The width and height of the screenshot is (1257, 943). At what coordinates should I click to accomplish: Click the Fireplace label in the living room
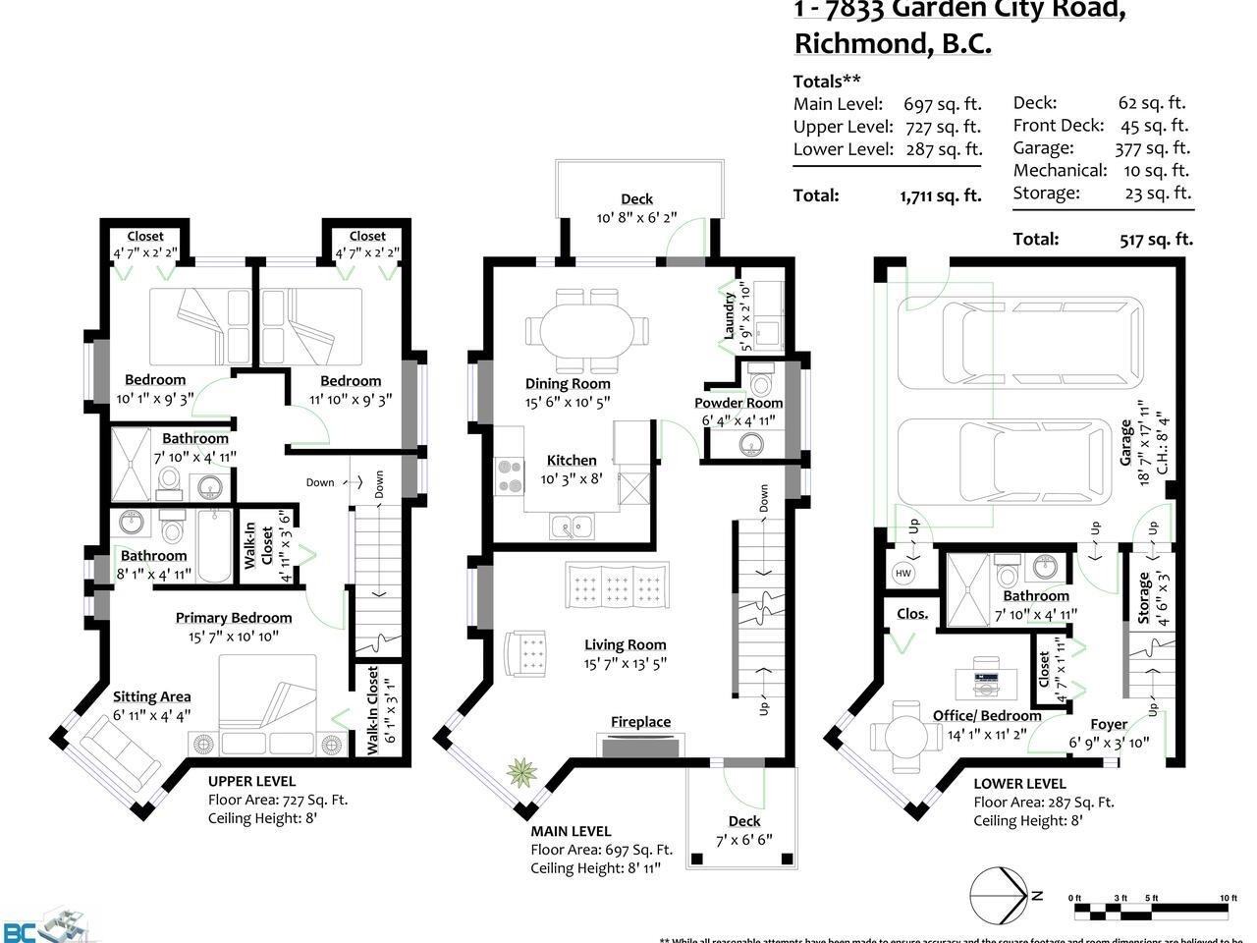[640, 722]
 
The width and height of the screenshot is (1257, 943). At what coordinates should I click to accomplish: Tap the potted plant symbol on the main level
[520, 773]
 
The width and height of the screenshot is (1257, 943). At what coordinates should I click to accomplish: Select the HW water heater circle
[902, 573]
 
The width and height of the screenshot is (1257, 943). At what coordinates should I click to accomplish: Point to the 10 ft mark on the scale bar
[1227, 898]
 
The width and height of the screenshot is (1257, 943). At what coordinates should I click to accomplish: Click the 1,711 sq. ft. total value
[940, 195]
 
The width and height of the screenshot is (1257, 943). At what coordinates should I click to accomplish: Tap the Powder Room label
[738, 403]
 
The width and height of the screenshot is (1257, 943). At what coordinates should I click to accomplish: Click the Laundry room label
[730, 314]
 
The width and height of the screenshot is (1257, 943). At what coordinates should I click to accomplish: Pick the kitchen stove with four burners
[510, 476]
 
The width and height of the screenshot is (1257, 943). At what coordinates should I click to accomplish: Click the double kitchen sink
[571, 527]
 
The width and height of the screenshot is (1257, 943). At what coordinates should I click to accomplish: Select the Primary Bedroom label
[234, 618]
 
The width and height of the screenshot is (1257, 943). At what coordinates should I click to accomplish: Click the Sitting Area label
[151, 697]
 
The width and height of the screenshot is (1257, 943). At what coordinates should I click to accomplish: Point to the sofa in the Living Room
[618, 587]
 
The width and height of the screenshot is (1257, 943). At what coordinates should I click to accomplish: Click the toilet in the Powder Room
[760, 378]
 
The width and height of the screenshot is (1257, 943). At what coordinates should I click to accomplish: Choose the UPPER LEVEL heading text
[251, 782]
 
